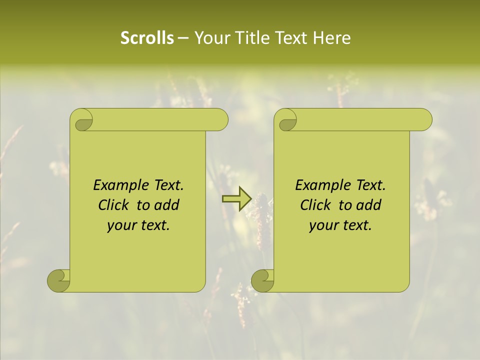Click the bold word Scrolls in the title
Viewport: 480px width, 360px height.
coord(147,38)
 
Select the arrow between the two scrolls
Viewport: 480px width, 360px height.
coord(236,199)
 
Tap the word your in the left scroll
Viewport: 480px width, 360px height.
coord(121,226)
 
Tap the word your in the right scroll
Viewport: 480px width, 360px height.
coord(323,226)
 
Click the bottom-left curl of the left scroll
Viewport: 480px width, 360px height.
coord(57,280)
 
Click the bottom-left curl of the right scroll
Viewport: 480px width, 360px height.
coord(261,280)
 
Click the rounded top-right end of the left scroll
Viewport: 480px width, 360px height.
coord(220,119)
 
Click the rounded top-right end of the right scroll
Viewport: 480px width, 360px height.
coord(424,119)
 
